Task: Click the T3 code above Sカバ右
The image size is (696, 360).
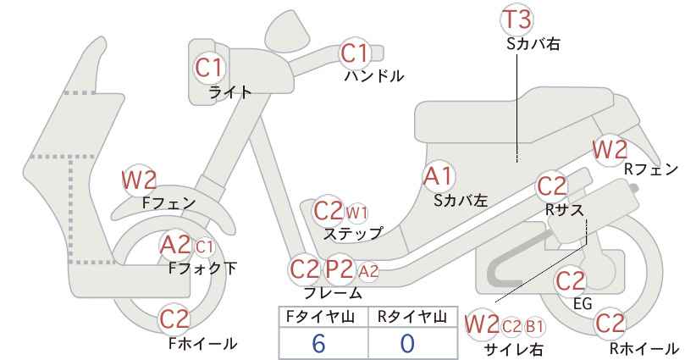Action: point(516,20)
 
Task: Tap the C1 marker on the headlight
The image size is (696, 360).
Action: point(208,68)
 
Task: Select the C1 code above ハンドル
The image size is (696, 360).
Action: point(355,53)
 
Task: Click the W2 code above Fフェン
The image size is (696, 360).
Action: point(139,180)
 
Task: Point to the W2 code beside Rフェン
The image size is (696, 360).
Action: point(610,150)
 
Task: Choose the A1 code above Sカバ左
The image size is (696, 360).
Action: point(438,176)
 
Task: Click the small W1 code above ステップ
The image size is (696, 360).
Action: point(356,213)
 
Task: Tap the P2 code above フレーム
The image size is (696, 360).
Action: point(340,269)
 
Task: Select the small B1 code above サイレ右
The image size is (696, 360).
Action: point(534,327)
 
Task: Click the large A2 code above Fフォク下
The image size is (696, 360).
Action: point(175,245)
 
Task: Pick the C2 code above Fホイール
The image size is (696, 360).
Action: point(174,318)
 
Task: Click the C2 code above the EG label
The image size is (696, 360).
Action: point(571,281)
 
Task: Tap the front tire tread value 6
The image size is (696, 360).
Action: point(318,344)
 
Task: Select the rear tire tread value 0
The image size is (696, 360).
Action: point(407,344)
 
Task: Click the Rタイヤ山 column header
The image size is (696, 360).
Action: point(412,317)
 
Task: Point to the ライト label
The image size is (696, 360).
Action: point(230,91)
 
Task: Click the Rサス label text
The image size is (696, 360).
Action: point(564,210)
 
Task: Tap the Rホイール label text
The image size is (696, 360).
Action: point(644,348)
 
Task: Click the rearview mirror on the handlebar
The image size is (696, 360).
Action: point(286,26)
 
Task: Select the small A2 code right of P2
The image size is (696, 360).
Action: point(368,271)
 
